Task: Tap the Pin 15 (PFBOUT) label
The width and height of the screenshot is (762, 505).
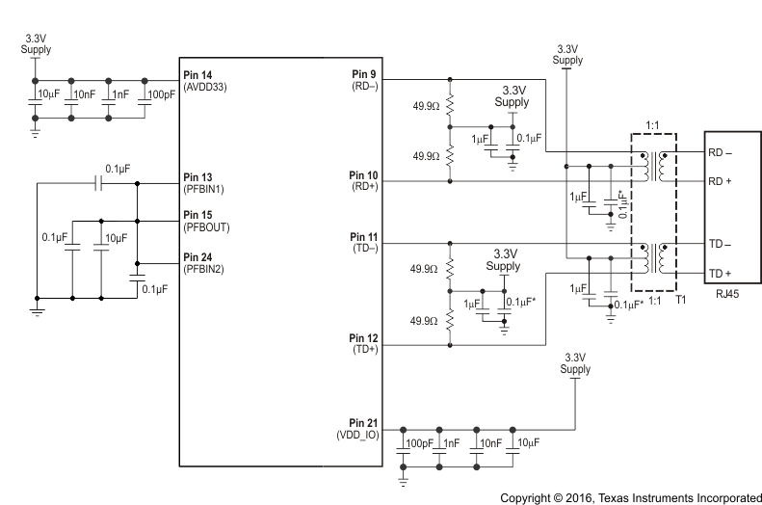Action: coord(206,221)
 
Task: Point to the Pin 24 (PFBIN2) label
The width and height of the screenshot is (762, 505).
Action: coord(204,263)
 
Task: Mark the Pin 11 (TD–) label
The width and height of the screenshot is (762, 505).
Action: coord(367,241)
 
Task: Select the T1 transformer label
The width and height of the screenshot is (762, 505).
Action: coord(680,300)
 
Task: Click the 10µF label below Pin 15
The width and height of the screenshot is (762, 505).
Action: coord(116,238)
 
